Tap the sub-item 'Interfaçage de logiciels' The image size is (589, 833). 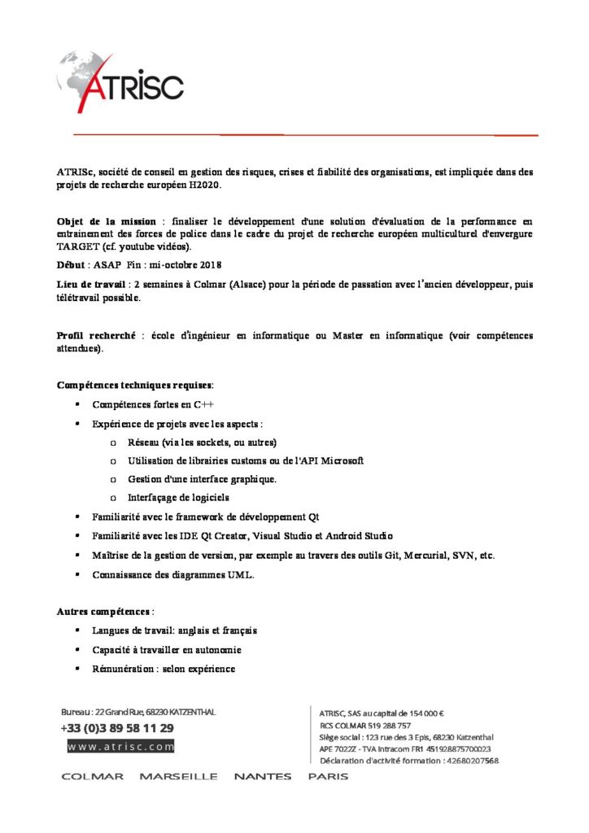point(178,497)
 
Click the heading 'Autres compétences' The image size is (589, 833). point(103,611)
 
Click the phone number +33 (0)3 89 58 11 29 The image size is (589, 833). point(117,728)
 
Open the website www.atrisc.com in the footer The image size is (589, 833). point(120,746)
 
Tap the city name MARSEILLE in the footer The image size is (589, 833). point(178,776)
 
